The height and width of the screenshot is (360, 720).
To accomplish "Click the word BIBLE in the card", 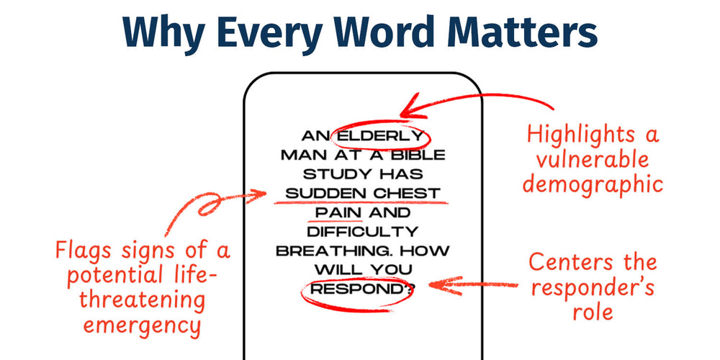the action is click(x=418, y=156).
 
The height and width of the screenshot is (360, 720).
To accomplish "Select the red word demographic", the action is click(x=593, y=185).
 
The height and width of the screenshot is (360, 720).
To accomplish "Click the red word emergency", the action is click(x=143, y=326).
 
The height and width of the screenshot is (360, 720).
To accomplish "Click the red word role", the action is click(x=593, y=312).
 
